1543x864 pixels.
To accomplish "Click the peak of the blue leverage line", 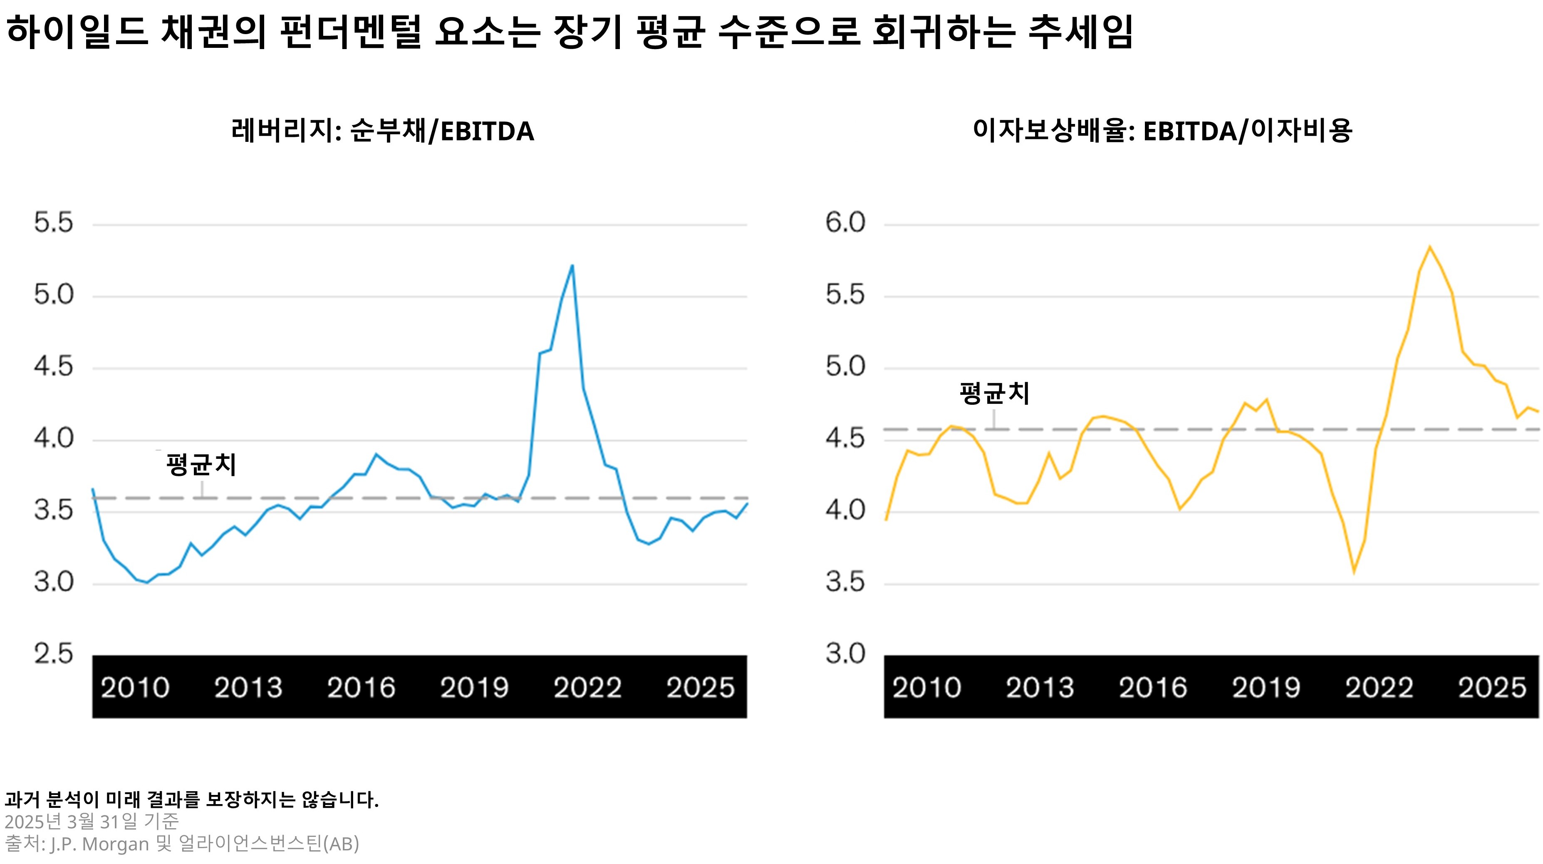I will pyautogui.click(x=572, y=265).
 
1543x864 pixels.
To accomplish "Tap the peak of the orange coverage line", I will pyautogui.click(x=1430, y=247).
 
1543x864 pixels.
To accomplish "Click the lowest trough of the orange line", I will pyautogui.click(x=1354, y=572).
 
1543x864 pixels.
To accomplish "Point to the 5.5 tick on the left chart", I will pyautogui.click(x=53, y=223).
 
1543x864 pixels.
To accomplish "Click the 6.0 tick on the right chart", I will pyautogui.click(x=845, y=223).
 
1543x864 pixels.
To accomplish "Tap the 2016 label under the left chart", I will pyautogui.click(x=361, y=687).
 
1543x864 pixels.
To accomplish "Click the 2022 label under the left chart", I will pyautogui.click(x=587, y=687).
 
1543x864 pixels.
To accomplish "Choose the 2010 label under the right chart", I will pyautogui.click(x=926, y=687).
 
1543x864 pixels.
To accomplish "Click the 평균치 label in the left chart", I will pyautogui.click(x=201, y=465).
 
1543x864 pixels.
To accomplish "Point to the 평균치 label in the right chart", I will pyautogui.click(x=994, y=394).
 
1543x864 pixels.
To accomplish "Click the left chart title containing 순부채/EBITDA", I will pyautogui.click(x=382, y=131).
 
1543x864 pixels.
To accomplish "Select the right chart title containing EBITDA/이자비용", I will pyautogui.click(x=1162, y=131).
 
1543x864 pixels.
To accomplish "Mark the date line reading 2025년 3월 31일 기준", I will pyautogui.click(x=92, y=822).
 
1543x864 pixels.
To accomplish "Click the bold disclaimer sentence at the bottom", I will pyautogui.click(x=192, y=800).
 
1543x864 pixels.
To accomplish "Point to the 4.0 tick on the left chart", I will pyautogui.click(x=53, y=438).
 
